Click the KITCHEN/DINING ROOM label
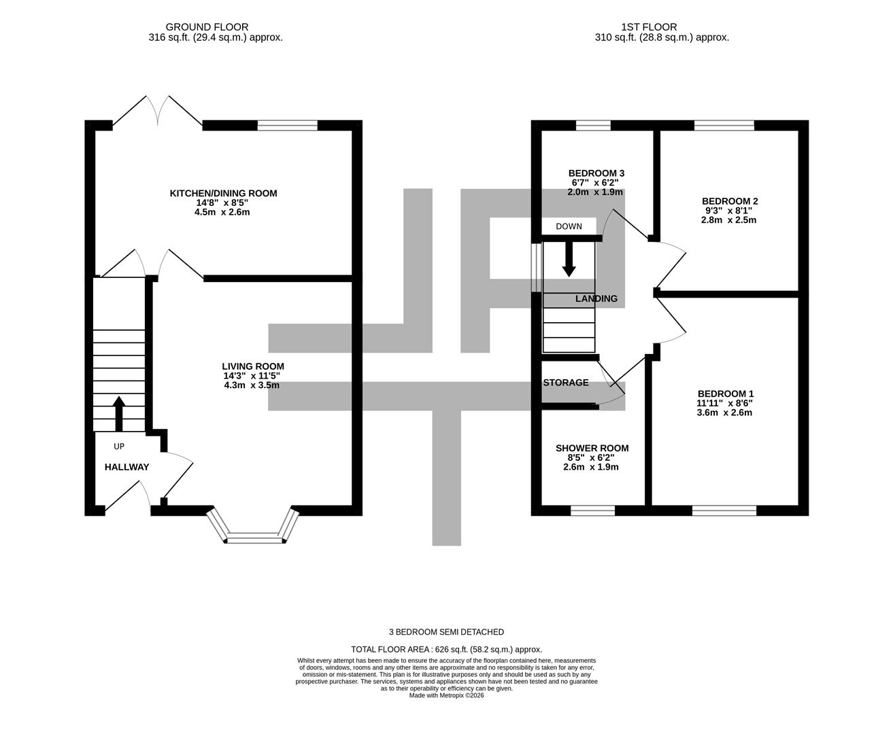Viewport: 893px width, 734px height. (x=223, y=194)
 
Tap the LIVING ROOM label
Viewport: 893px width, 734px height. (x=252, y=366)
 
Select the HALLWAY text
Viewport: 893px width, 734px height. (x=127, y=468)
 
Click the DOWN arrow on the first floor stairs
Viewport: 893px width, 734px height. (x=569, y=259)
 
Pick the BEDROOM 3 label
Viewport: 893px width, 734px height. (x=596, y=173)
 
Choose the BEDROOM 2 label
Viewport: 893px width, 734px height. (x=729, y=201)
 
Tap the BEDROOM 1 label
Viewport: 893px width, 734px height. (x=725, y=394)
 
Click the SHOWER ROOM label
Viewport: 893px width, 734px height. (x=592, y=448)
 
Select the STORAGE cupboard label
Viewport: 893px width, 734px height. (x=566, y=383)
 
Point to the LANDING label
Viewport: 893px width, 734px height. (x=596, y=298)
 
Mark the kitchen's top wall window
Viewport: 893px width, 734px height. (x=287, y=125)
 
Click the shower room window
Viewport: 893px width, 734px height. (x=592, y=510)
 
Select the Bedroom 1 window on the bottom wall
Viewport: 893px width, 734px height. (x=724, y=510)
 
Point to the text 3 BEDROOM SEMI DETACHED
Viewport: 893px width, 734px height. (x=446, y=632)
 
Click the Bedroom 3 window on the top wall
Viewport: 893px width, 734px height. (x=593, y=125)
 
